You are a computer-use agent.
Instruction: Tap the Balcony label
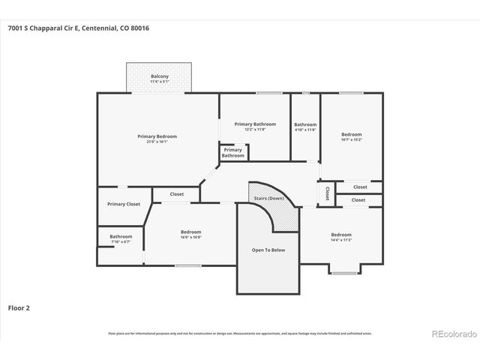click(x=159, y=76)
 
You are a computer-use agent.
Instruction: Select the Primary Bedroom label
click(x=157, y=136)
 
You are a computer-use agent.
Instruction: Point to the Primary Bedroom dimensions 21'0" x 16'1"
click(x=157, y=142)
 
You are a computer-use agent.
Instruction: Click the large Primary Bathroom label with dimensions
click(x=255, y=124)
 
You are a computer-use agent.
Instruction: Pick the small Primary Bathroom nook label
click(x=232, y=152)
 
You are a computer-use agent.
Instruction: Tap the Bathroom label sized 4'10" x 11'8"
click(x=304, y=124)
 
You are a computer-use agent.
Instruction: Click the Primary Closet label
click(x=124, y=204)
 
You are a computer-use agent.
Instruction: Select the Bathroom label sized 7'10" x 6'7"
click(x=121, y=237)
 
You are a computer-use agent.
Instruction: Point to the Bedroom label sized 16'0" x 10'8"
click(x=190, y=232)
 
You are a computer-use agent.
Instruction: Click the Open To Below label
click(x=268, y=250)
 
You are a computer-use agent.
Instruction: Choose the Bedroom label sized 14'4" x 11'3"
click(x=341, y=235)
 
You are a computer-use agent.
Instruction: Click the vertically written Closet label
click(x=327, y=193)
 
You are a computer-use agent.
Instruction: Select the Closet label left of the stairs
click(x=176, y=194)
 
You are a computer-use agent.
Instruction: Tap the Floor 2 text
click(x=19, y=307)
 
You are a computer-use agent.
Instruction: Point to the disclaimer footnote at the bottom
click(x=240, y=333)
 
